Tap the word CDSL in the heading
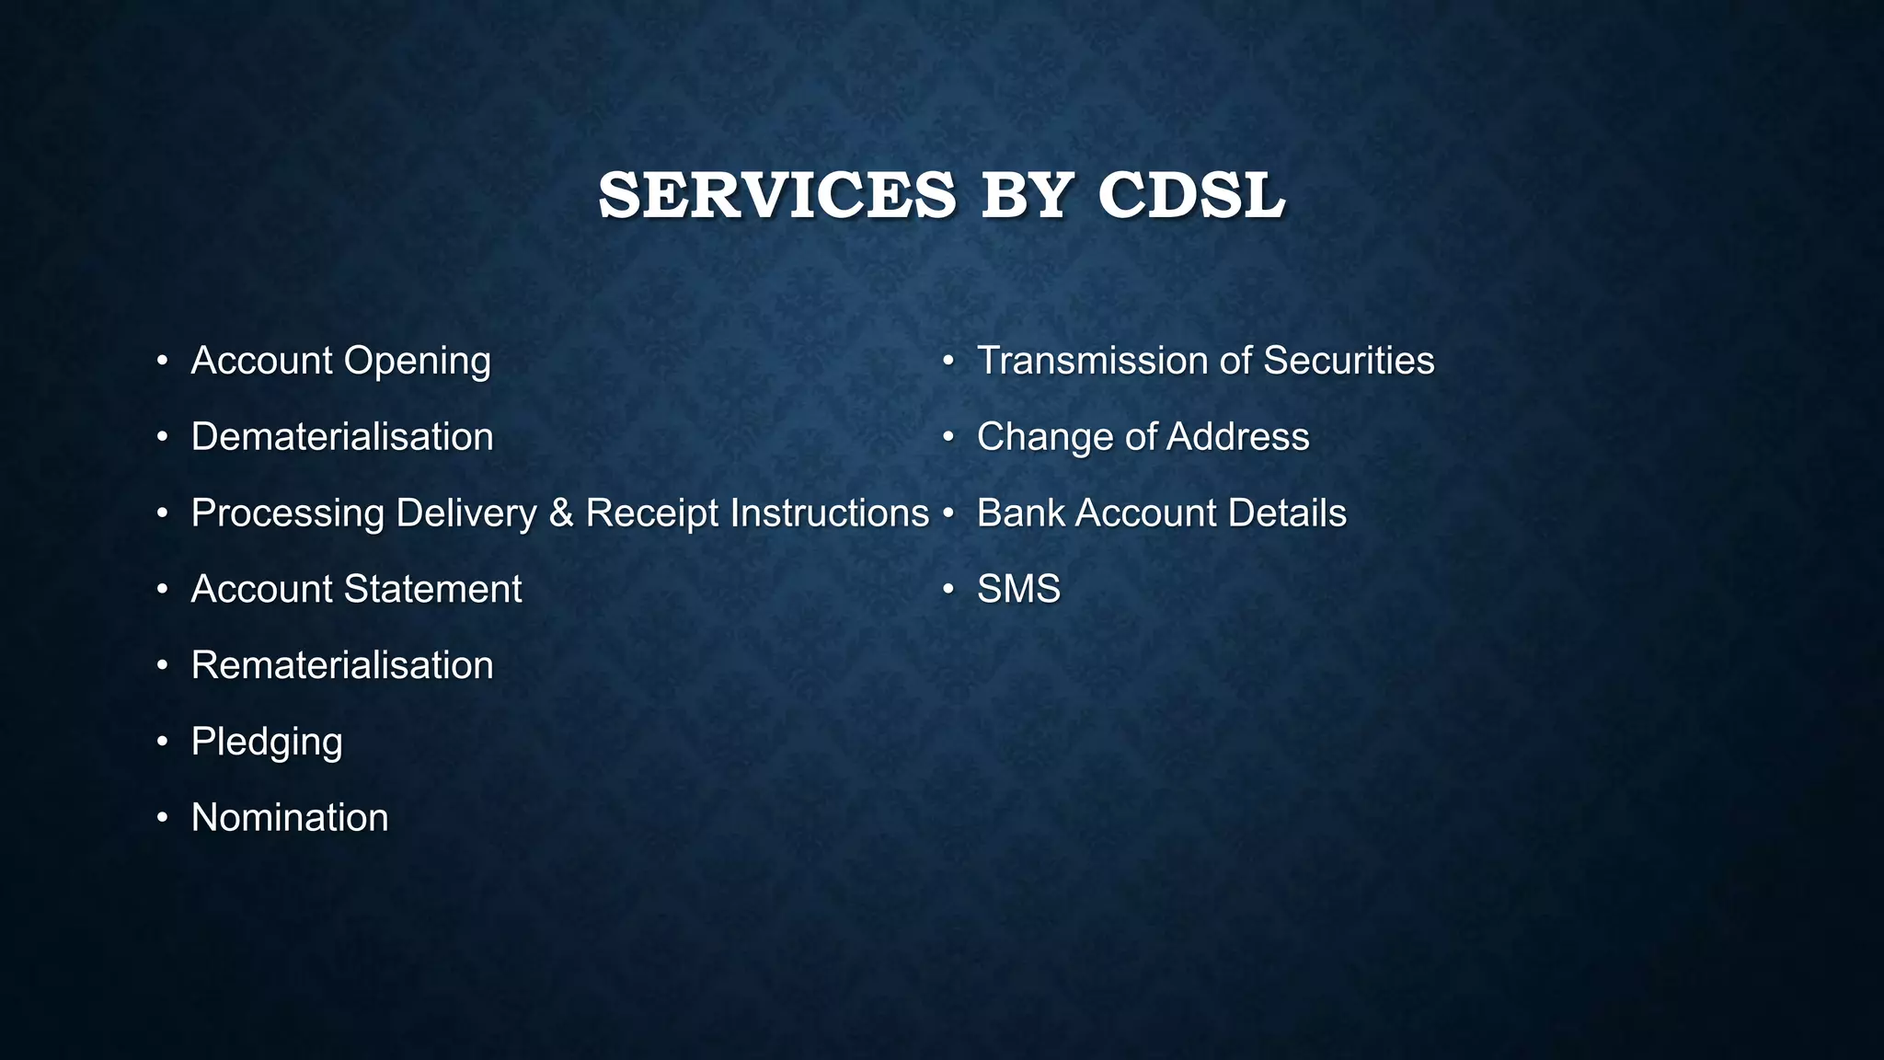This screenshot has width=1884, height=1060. coord(1191,195)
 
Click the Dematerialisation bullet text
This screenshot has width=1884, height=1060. coord(342,437)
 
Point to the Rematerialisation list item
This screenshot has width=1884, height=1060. coord(342,665)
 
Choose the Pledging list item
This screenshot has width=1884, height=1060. coord(267,742)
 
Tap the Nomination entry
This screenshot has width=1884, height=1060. coord(290,818)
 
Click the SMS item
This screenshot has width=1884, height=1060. coord(1018,589)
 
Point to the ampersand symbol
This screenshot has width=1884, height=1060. coord(561,513)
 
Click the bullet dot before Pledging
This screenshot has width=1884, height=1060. coord(163,742)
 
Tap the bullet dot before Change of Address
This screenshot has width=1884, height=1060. coord(948,437)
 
